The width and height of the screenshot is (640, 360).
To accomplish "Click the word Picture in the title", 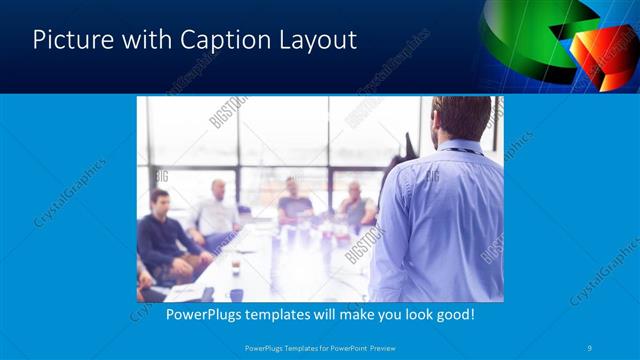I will pyautogui.click(x=73, y=40).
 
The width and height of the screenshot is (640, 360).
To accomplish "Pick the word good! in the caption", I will pyautogui.click(x=453, y=314).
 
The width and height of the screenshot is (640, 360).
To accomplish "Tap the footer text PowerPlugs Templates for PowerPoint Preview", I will pyautogui.click(x=320, y=347).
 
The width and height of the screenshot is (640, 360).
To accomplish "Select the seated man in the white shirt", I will pyautogui.click(x=216, y=212).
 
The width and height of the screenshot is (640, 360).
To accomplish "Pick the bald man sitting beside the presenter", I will pyautogui.click(x=354, y=204).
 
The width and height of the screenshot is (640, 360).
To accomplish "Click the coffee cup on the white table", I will pyautogui.click(x=236, y=267).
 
